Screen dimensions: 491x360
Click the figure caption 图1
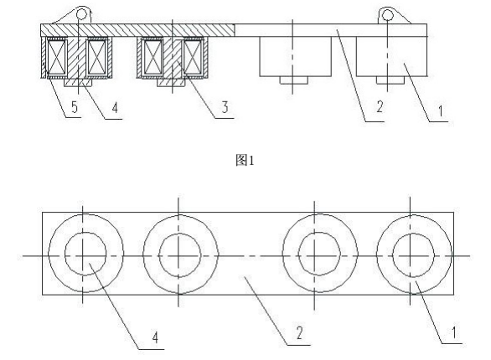click(x=245, y=161)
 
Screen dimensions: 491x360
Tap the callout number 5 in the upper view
click(x=75, y=107)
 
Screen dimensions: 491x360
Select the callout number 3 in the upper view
click(x=225, y=108)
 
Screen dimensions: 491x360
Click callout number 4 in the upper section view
click(x=115, y=108)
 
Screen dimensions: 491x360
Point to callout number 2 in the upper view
click(x=380, y=106)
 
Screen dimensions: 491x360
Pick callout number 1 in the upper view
click(x=440, y=111)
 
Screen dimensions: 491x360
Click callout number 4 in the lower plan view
click(x=155, y=337)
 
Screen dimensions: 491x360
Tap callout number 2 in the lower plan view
click(x=299, y=333)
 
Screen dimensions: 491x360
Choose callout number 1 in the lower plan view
click(x=452, y=333)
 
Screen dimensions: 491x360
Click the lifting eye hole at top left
click(x=81, y=14)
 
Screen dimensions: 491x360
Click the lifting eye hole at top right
click(x=387, y=14)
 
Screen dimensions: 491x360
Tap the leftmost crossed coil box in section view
click(x=56, y=57)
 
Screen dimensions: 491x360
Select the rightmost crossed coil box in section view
click(x=192, y=57)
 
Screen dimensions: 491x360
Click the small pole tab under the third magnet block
click(x=294, y=80)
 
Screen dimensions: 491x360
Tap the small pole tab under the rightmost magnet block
click(x=390, y=80)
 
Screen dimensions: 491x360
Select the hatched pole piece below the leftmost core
click(x=78, y=83)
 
